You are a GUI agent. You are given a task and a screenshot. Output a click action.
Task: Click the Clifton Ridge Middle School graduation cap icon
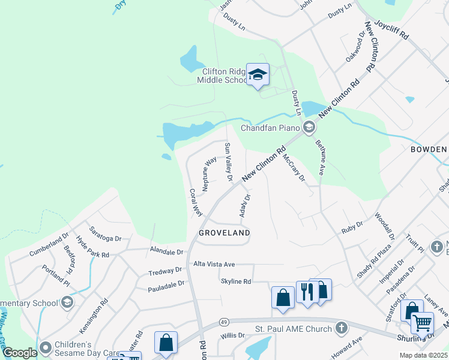click(258, 75)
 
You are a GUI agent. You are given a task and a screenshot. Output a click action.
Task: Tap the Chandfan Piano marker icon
click(309, 127)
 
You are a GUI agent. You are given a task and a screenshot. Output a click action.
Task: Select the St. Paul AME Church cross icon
click(341, 328)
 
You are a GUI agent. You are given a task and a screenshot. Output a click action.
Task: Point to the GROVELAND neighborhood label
click(224, 232)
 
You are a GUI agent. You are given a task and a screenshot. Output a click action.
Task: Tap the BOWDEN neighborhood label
click(429, 149)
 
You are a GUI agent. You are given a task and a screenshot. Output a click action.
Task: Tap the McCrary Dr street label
click(294, 168)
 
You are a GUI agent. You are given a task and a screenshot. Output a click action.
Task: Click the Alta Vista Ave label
click(214, 264)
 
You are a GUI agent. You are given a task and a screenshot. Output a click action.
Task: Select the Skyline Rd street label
click(235, 281)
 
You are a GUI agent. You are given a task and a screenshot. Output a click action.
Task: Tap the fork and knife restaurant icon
click(305, 292)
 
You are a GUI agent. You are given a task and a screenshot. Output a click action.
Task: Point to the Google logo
click(20, 353)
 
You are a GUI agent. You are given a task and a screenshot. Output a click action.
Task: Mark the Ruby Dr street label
click(352, 226)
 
